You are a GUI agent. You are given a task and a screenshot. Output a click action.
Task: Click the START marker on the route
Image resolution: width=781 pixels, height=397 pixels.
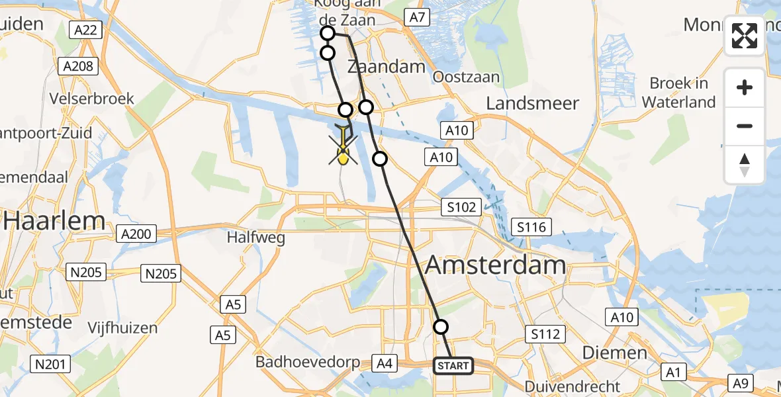tap(453, 365)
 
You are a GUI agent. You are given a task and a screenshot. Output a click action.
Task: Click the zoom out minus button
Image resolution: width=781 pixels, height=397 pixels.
tap(745, 126)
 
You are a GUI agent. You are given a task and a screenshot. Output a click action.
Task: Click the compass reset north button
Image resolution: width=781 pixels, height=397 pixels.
tap(745, 165)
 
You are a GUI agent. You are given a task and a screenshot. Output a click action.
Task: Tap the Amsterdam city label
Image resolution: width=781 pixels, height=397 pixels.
tap(495, 265)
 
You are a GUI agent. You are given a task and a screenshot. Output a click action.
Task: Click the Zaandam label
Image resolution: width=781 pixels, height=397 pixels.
tap(386, 67)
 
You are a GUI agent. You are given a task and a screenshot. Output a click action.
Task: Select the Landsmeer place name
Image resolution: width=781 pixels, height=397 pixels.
tap(532, 103)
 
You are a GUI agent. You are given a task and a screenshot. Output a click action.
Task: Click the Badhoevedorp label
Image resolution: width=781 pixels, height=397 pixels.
tap(308, 363)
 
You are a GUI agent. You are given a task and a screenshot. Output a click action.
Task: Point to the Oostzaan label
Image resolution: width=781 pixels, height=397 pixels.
tap(466, 77)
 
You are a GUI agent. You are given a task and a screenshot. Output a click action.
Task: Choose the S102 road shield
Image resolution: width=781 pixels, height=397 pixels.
tap(461, 207)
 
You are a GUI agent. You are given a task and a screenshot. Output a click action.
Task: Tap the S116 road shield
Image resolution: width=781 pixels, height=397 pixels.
tap(532, 228)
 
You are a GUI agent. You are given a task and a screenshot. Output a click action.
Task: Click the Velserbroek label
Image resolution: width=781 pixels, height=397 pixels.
tap(92, 99)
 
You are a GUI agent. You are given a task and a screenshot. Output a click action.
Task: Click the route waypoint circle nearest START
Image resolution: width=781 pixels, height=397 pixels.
tap(441, 326)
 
